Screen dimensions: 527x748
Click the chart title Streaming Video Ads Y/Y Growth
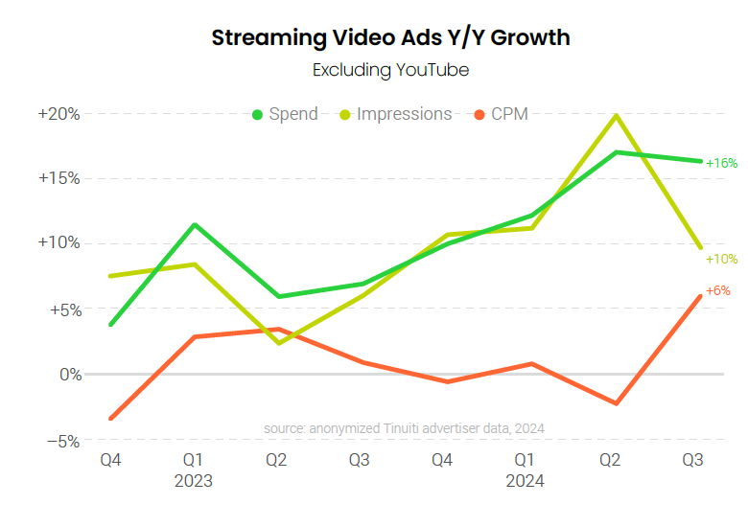[390, 38]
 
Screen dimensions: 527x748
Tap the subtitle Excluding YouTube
[390, 70]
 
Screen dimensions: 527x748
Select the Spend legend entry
[285, 114]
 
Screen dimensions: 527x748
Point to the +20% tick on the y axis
[59, 114]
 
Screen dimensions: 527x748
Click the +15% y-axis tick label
[59, 178]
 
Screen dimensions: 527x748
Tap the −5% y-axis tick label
[62, 441]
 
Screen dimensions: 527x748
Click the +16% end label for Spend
[721, 164]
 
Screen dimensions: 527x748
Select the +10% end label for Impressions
[721, 259]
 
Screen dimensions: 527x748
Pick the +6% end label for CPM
[717, 291]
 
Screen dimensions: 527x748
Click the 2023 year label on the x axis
[194, 481]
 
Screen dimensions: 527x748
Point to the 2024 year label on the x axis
[526, 481]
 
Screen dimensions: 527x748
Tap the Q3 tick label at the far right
[692, 461]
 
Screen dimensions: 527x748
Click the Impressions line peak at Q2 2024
[616, 116]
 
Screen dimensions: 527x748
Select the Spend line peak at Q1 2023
[195, 225]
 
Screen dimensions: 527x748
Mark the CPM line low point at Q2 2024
[617, 403]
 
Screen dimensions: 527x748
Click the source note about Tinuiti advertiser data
[404, 428]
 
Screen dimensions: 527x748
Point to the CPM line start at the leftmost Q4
[111, 419]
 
